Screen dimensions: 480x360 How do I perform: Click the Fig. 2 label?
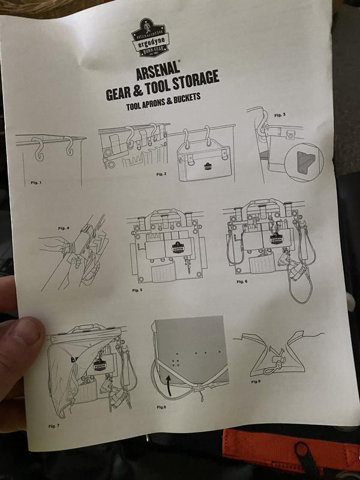coord(160,173)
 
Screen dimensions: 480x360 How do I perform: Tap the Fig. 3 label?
coord(280,114)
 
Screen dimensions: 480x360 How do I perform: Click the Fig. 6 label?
coord(241,281)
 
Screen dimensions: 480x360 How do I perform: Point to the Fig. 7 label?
coord(54,425)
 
